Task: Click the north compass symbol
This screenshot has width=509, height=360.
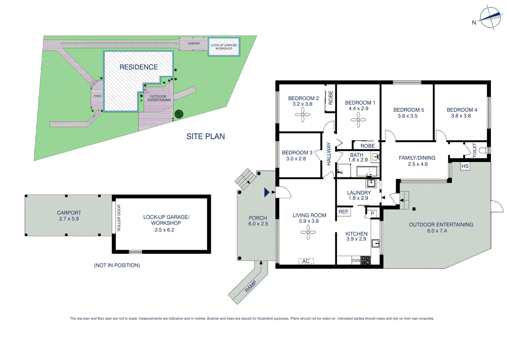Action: pos(490,17)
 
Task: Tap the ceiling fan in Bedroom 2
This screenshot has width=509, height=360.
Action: pos(302,115)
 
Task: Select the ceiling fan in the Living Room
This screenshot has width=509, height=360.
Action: pos(308,232)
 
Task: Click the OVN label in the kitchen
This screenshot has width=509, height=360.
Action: pos(356,260)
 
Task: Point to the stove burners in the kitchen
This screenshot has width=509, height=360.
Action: pos(366,260)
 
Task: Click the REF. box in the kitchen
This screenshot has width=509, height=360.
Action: pos(344,212)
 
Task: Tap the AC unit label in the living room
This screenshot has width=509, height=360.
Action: pos(306,261)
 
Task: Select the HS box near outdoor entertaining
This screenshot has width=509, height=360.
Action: pos(465,166)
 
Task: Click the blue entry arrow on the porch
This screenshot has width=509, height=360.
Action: pos(266,192)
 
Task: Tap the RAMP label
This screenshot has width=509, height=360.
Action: pos(251,286)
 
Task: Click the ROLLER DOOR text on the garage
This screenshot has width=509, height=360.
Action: pos(119,218)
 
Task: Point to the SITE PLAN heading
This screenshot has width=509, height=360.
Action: pos(206,136)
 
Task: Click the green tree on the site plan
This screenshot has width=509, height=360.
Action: pos(179,114)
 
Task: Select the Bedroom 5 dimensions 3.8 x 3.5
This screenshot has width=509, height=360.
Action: pos(407,116)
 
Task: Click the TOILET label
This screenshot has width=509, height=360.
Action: pos(475,150)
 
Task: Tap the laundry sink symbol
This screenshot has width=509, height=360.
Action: pos(371,183)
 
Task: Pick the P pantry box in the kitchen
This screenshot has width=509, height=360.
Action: pos(372,213)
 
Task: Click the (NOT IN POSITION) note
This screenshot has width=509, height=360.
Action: pos(117,265)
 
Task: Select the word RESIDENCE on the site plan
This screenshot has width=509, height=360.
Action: pos(139,67)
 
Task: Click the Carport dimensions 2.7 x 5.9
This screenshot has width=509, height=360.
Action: pos(69,219)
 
